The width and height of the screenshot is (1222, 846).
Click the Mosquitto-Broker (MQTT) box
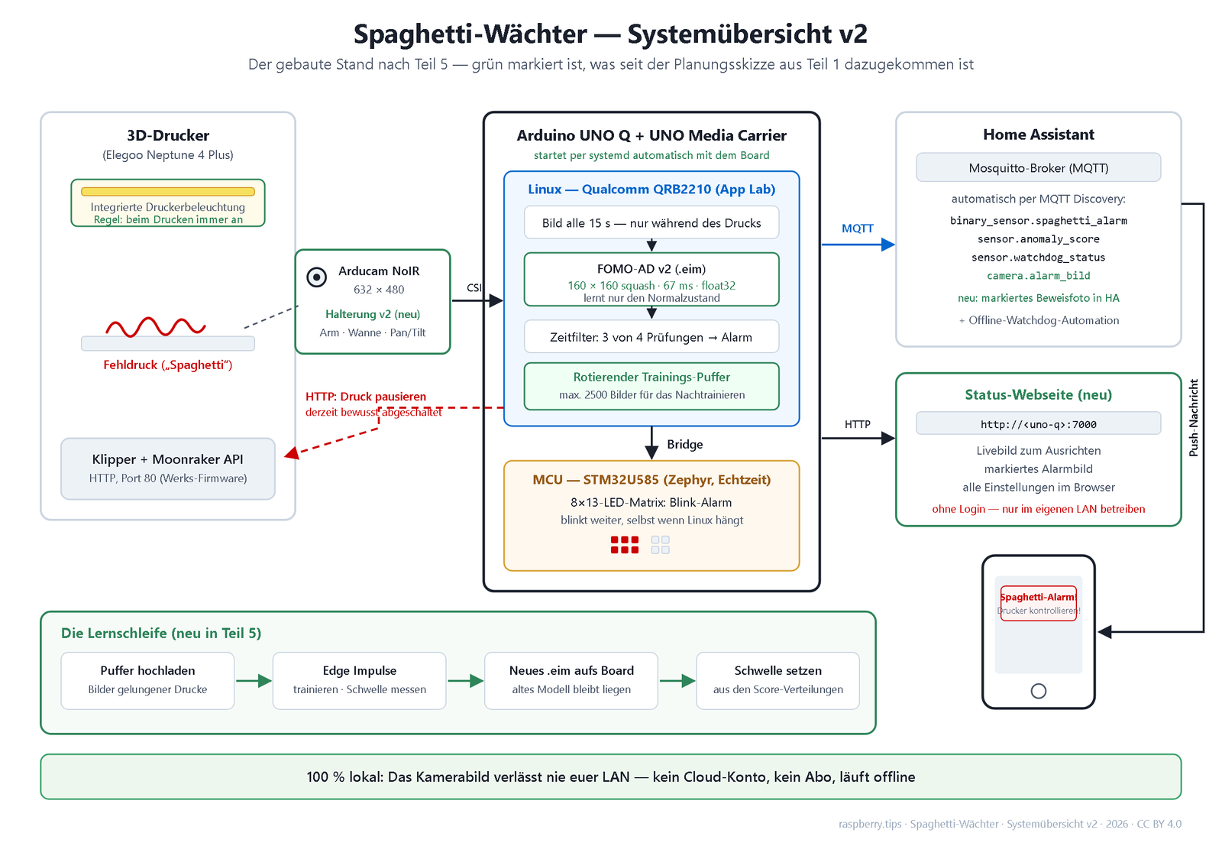tap(1038, 167)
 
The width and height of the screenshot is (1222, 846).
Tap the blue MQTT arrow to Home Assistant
tap(858, 245)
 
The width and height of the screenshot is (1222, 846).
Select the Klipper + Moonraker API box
tap(168, 468)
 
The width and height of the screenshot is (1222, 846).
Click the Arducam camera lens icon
tap(316, 277)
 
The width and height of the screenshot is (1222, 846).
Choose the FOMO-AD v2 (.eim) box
tap(651, 279)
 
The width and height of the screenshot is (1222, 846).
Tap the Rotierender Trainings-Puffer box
tap(651, 386)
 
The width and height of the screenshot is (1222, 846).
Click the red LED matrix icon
tap(625, 545)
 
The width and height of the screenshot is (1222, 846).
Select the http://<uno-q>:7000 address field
tap(1038, 423)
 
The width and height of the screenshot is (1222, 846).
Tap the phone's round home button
tap(1038, 691)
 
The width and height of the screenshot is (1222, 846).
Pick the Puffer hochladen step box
tap(147, 681)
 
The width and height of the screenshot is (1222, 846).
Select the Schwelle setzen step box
tap(778, 681)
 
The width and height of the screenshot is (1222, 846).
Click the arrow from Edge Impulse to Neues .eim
tap(465, 681)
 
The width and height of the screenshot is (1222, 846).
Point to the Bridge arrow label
tap(684, 444)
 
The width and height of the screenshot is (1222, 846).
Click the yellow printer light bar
tap(168, 192)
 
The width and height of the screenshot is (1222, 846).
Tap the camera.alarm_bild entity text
tap(1038, 276)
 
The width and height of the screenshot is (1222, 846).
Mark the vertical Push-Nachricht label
tap(1193, 417)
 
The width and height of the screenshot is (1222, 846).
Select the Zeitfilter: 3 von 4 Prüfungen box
tap(651, 336)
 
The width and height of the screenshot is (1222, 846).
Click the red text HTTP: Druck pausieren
tap(366, 397)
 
